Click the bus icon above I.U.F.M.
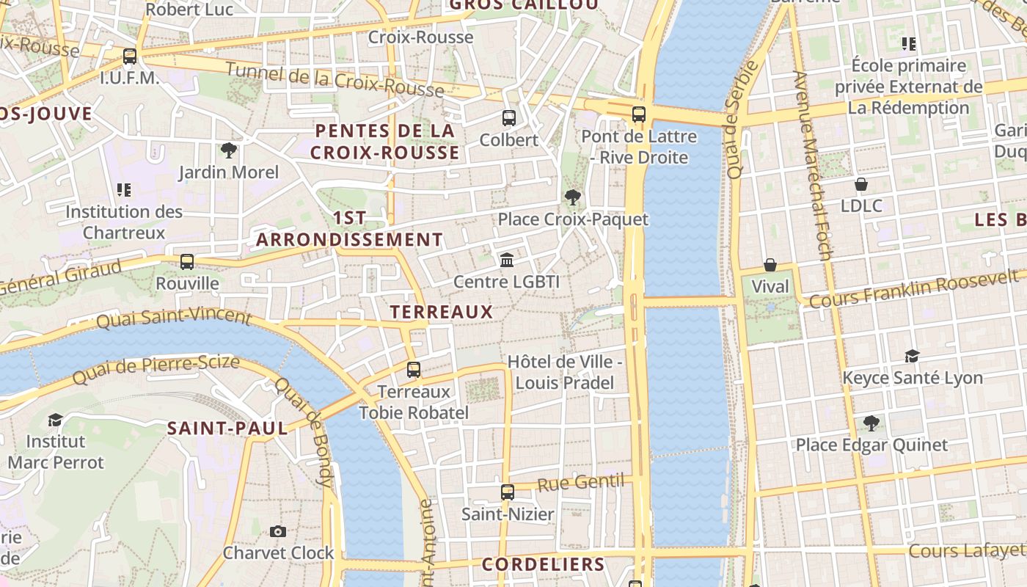coord(130,56)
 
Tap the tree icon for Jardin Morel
coord(229,150)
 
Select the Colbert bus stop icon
coord(508,117)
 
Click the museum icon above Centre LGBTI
coord(506,260)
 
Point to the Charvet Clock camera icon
coord(278,531)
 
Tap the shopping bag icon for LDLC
coord(861,183)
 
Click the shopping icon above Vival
coord(770,265)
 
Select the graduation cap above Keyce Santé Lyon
coord(912,356)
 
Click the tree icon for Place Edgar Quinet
coord(871,423)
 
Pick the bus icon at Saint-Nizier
coord(508,492)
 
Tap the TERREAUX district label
coord(442,312)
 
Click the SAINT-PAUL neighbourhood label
coord(227,429)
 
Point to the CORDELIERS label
coord(543,564)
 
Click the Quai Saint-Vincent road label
coord(174,318)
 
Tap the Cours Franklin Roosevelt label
coord(913,288)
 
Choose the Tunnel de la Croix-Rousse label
coord(335,80)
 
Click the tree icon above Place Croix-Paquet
coord(573,197)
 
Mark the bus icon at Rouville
coord(187,262)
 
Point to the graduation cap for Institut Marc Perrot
coord(55,420)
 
